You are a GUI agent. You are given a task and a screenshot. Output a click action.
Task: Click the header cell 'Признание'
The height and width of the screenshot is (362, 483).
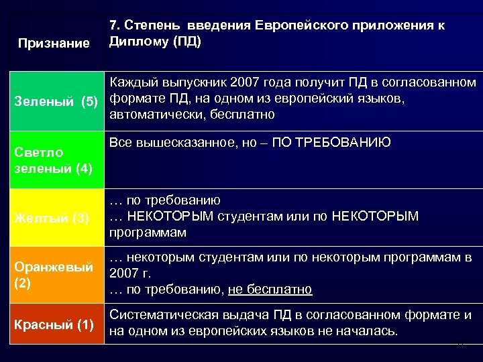(54, 44)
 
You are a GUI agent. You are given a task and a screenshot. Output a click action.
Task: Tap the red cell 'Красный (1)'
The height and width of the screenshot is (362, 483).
(54, 325)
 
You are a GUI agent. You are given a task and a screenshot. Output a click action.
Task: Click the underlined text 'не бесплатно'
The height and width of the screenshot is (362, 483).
(270, 290)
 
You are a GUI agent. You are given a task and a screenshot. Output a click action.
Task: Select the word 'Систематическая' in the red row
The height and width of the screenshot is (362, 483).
(160, 315)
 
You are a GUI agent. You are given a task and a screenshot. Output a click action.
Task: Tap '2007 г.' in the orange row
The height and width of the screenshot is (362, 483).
(131, 274)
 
